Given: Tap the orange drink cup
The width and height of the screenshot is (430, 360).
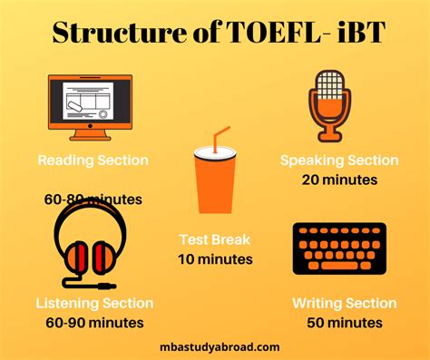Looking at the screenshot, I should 214,181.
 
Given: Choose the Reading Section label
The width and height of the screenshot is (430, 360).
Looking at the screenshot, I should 93,161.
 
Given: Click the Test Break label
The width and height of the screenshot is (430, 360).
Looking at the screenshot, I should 215,240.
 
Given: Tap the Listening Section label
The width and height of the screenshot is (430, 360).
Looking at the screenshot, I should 94,303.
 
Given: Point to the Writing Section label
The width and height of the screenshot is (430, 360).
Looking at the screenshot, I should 344,303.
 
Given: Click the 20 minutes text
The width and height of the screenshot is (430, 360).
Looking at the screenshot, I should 339,180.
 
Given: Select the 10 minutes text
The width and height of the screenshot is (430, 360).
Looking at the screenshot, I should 215,259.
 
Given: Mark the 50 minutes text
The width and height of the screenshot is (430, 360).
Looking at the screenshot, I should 344,322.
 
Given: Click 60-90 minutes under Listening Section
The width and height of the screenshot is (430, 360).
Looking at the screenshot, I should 94,322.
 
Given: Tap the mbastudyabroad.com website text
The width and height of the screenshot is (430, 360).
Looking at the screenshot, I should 216,346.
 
